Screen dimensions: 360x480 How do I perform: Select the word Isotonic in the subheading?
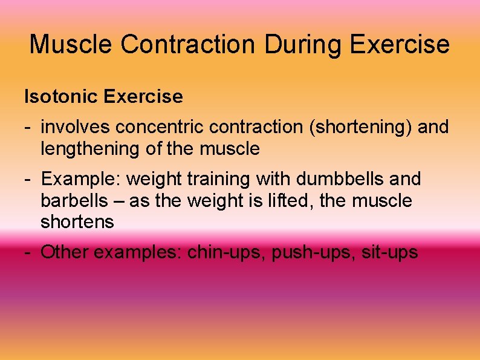[x=62, y=96]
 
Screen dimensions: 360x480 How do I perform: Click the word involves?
[x=76, y=127]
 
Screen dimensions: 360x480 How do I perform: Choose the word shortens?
[x=77, y=222]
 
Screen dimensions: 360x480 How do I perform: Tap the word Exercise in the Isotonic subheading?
[x=143, y=96]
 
